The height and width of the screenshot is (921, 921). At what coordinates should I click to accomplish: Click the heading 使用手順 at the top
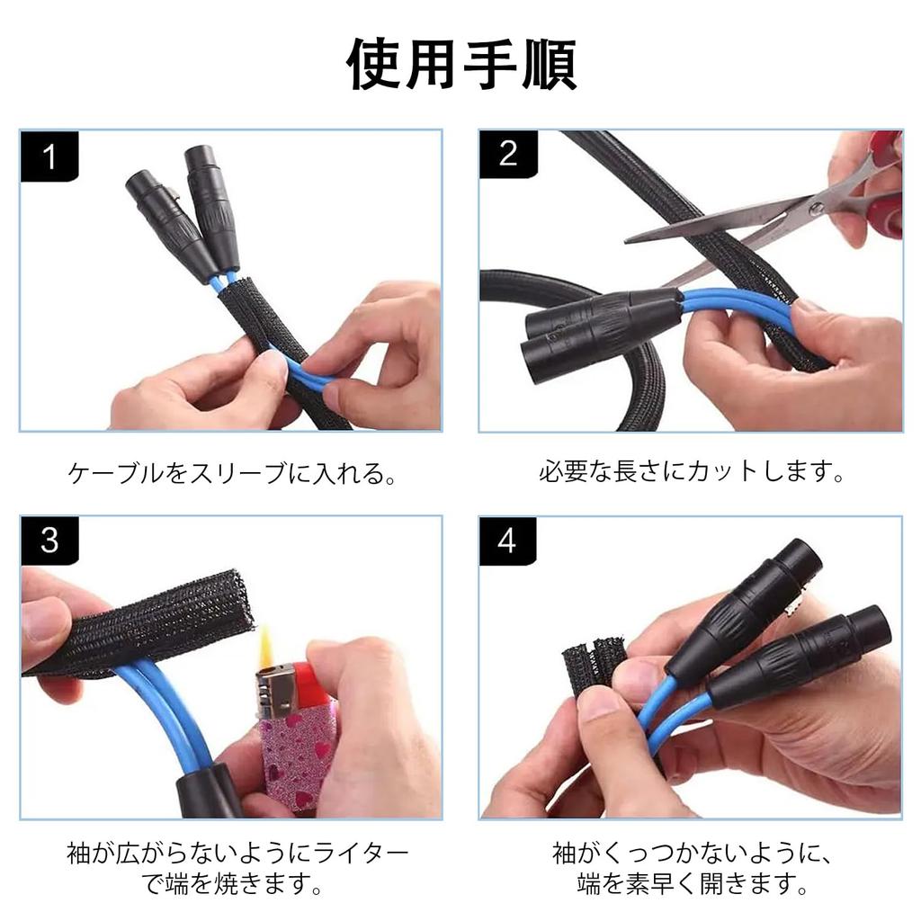point(461,64)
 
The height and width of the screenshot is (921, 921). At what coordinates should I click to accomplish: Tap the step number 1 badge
point(49,156)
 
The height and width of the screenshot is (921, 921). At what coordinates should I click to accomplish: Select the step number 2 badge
point(508,154)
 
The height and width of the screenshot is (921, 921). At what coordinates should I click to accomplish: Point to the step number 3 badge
point(49,541)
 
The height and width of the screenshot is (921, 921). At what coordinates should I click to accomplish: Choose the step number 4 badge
point(507,541)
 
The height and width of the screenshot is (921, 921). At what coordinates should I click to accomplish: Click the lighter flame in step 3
point(265,646)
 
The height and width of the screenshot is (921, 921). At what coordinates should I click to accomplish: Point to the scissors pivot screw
point(816,208)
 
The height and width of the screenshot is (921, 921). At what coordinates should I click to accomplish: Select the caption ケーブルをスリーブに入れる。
point(232,473)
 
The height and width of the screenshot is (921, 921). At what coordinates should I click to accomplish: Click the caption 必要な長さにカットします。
point(691,471)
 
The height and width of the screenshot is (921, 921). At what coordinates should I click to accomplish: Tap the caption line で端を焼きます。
point(232,883)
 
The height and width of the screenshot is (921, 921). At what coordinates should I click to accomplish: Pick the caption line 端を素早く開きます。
point(692,883)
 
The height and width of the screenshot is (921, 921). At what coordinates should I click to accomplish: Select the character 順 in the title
point(549,65)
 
